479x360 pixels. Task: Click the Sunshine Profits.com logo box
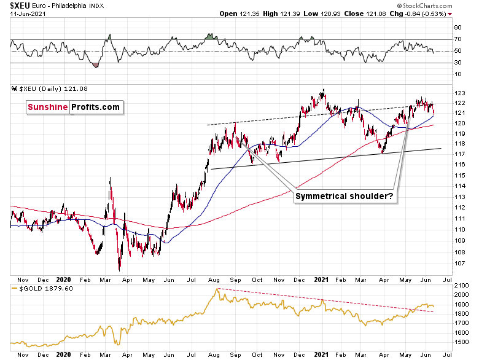[x=73, y=108]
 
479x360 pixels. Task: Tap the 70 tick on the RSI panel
[x=458, y=39]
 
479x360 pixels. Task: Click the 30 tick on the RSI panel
[x=458, y=61]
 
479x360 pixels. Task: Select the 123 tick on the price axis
[x=458, y=93]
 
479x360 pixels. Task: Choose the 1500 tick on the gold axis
[x=461, y=341]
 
